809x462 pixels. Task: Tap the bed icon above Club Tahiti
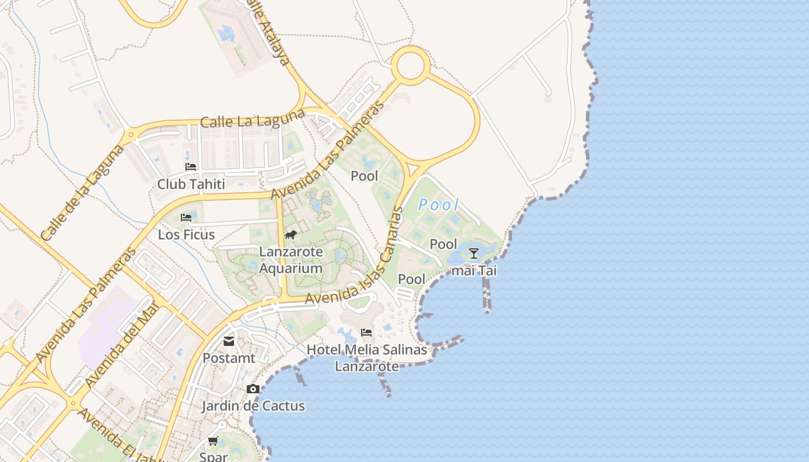click(x=191, y=167)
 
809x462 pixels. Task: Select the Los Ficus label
click(x=186, y=234)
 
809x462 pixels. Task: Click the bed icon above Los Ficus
click(x=186, y=218)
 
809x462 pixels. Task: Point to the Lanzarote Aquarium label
click(x=291, y=260)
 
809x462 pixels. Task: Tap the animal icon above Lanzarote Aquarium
click(x=291, y=234)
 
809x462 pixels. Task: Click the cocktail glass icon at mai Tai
click(x=474, y=253)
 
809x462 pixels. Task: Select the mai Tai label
click(x=474, y=270)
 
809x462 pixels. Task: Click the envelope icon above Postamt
click(x=229, y=341)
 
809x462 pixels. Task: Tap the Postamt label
click(x=229, y=358)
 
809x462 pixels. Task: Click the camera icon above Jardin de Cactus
click(x=253, y=389)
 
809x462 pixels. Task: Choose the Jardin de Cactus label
click(x=253, y=406)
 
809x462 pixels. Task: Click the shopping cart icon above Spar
click(x=213, y=441)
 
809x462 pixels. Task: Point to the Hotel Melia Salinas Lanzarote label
click(x=367, y=358)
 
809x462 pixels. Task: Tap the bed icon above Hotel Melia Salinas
click(x=366, y=333)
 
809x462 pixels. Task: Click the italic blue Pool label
click(x=439, y=204)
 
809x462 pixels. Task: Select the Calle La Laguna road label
click(x=253, y=118)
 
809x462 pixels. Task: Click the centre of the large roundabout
click(x=411, y=66)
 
